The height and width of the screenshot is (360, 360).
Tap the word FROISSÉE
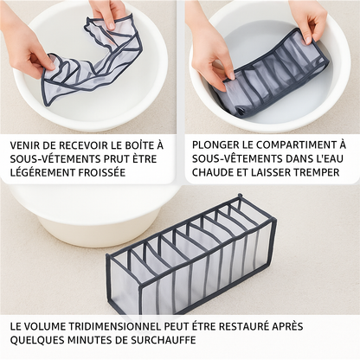102,172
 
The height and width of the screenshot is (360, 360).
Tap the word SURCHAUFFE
164,340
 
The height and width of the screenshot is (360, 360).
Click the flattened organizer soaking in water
274,72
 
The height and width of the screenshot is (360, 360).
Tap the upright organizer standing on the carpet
191,254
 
